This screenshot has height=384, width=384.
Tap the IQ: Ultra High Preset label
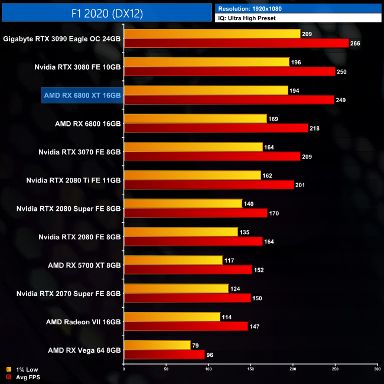click(247, 18)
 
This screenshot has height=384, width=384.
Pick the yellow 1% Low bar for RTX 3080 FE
click(207, 62)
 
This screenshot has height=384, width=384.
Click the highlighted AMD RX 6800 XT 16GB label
click(82, 95)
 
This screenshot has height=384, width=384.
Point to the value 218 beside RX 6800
click(314, 128)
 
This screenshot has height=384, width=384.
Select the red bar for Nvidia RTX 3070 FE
click(212, 157)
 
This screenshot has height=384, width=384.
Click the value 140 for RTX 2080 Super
click(249, 203)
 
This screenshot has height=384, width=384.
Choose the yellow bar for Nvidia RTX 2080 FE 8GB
click(181, 232)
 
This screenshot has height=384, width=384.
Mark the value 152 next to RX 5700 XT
click(259, 270)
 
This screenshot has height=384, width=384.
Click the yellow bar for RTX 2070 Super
click(176, 288)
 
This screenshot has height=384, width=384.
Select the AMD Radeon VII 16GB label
click(83, 322)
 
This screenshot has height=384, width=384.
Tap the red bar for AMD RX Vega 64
click(164, 354)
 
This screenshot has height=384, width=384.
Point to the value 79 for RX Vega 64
click(196, 345)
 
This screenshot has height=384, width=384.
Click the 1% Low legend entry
click(26, 370)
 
